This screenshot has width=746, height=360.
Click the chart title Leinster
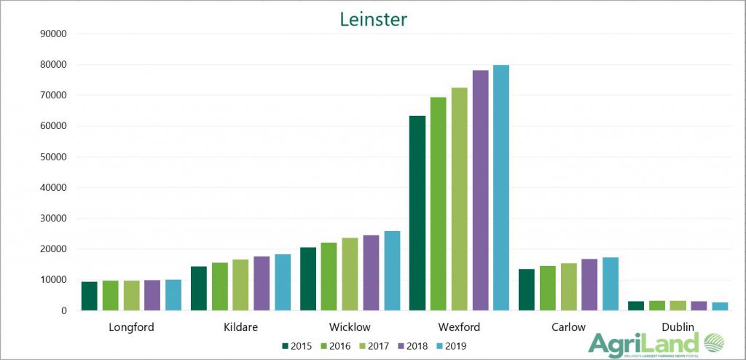point(373,19)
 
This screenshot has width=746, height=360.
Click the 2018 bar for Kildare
point(262,283)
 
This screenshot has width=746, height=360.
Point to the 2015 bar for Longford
point(89,296)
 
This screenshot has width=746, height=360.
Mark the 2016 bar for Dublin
point(656,305)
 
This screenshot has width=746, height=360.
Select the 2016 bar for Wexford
point(439,203)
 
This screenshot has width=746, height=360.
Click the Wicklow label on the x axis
point(350,327)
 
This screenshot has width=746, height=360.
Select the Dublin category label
point(678,327)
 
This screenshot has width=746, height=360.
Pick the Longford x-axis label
point(131,327)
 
